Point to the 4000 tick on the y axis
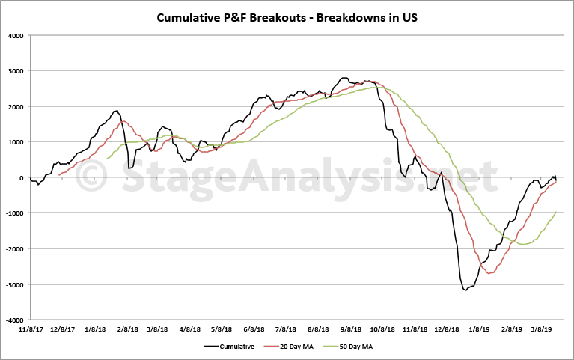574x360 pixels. coord(16,35)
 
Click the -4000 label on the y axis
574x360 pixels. coord(14,320)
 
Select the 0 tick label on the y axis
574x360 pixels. coord(21,177)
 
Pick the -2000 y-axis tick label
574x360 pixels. coord(14,248)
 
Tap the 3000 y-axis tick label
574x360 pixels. coord(16,71)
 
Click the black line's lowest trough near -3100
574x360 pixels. coord(465,290)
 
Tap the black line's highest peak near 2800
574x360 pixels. coord(344,78)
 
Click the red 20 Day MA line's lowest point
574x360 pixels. coord(489,273)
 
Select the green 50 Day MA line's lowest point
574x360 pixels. coord(524,244)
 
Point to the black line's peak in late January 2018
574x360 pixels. coord(116,111)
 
